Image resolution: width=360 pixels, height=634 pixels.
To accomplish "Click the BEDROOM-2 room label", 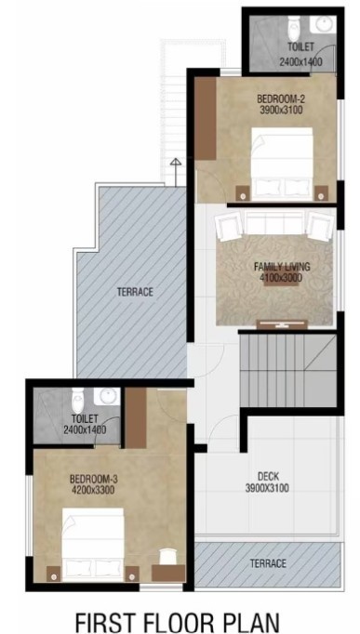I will click(x=276, y=97).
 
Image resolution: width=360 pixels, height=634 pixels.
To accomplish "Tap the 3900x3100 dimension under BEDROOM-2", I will click(x=276, y=109).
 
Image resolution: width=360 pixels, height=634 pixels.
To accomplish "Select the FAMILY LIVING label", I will click(x=282, y=267).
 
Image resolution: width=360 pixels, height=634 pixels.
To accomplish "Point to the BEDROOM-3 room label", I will click(x=93, y=479).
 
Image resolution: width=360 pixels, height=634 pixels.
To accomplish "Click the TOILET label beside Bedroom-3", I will click(x=85, y=417).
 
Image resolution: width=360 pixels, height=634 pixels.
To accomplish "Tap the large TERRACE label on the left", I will click(x=135, y=292).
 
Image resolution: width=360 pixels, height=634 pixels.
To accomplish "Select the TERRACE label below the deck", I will click(x=268, y=564).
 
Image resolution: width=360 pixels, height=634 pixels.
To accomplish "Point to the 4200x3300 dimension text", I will click(x=92, y=490).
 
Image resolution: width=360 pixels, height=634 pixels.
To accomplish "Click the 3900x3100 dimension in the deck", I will click(x=267, y=488).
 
